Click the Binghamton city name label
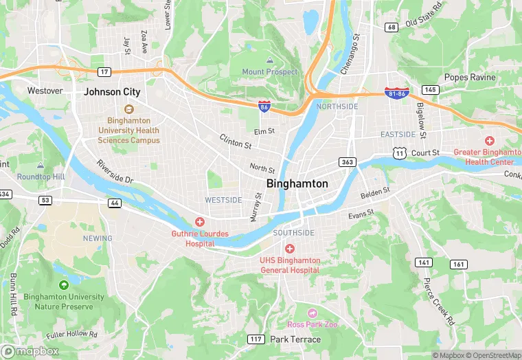pyautogui.click(x=297, y=184)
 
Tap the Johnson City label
pyautogui.click(x=112, y=91)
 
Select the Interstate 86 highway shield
pyautogui.click(x=264, y=106)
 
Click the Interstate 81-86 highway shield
pyautogui.click(x=396, y=92)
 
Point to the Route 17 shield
pyautogui.click(x=104, y=71)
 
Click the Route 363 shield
pyautogui.click(x=347, y=161)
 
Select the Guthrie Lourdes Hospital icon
pyautogui.click(x=200, y=221)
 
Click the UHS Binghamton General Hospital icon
pyautogui.click(x=290, y=248)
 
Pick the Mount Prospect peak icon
pyautogui.click(x=269, y=60)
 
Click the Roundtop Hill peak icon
pyautogui.click(x=41, y=166)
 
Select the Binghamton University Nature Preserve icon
pyautogui.click(x=64, y=285)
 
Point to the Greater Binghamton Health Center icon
pyautogui.click(x=489, y=140)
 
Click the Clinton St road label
pyautogui.click(x=236, y=142)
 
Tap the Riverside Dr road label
pyautogui.click(x=114, y=172)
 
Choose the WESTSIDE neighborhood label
pyautogui.click(x=223, y=200)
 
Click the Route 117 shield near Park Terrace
pyautogui.click(x=256, y=339)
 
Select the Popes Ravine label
pyautogui.click(x=470, y=77)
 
